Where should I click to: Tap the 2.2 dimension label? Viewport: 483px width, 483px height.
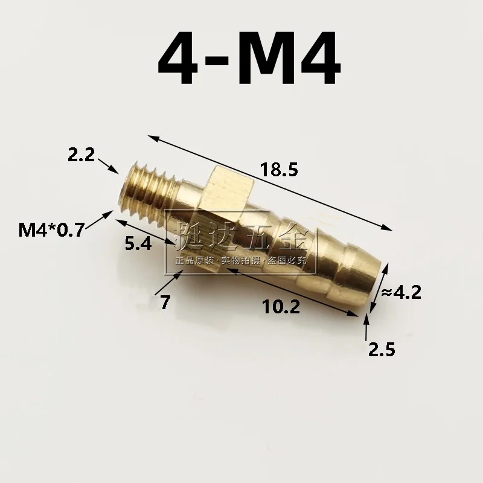tap(81, 156)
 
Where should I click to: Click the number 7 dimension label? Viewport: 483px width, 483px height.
tap(165, 301)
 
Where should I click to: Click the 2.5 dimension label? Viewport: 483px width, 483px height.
tap(381, 348)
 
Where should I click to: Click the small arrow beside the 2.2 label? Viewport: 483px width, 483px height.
tap(108, 164)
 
